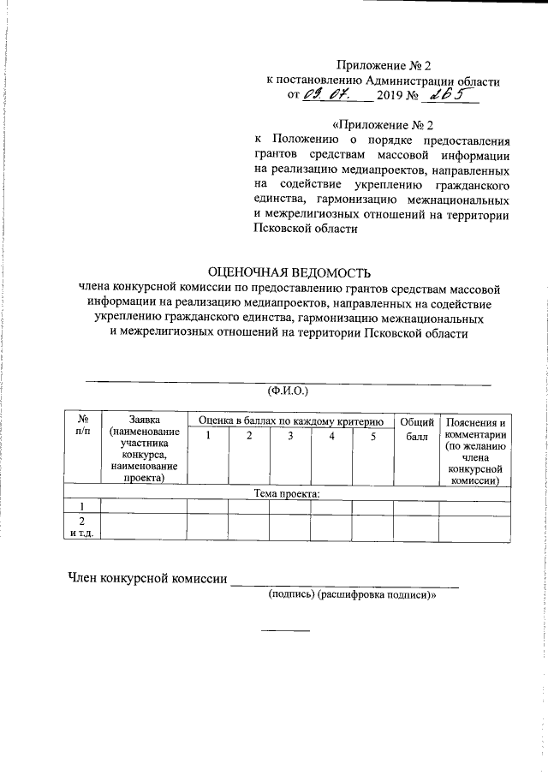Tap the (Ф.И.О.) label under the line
[288, 390]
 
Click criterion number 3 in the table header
[290, 438]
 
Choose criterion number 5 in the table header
[372, 438]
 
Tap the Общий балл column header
[415, 429]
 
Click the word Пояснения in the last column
[475, 422]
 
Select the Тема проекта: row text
[287, 494]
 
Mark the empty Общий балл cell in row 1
[415, 506]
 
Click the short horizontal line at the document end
[285, 631]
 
